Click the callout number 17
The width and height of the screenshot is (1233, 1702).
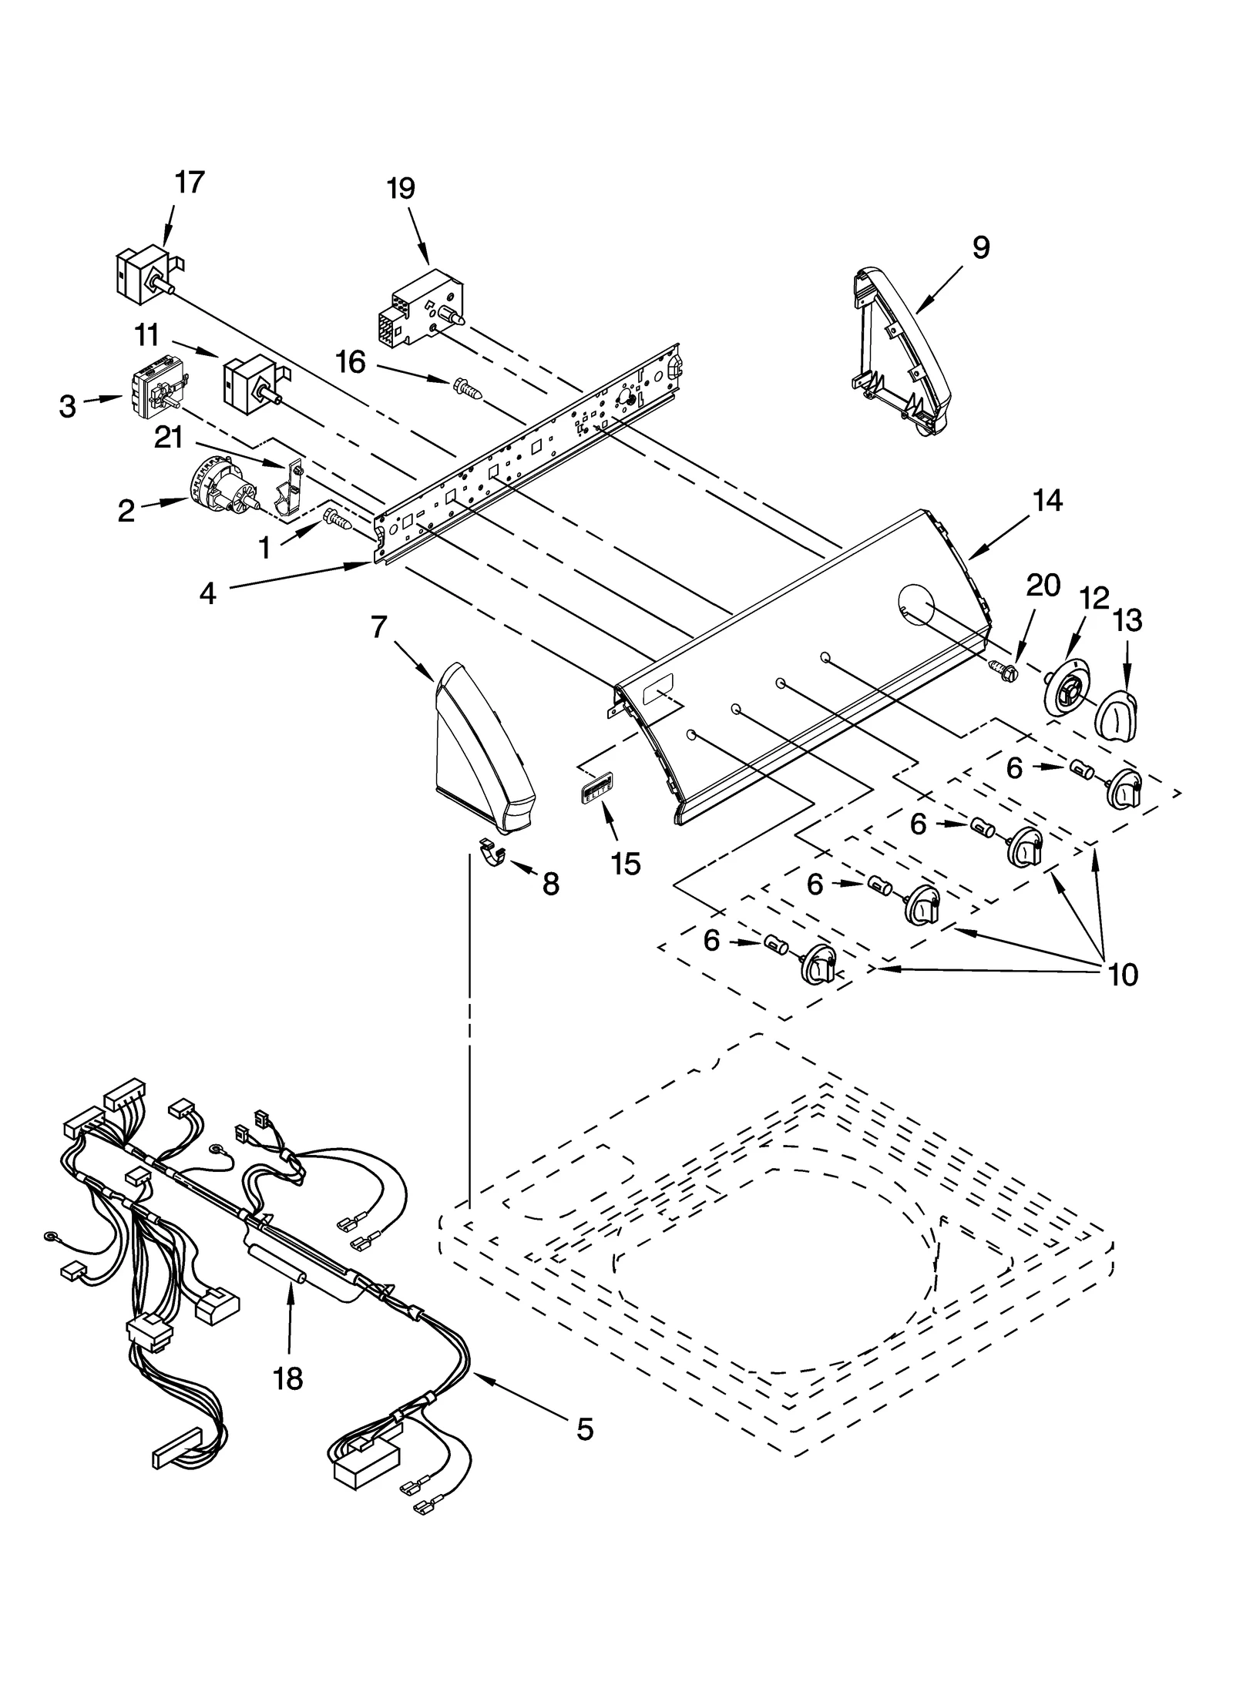pyautogui.click(x=189, y=183)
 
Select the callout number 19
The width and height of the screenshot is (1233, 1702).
pyautogui.click(x=401, y=188)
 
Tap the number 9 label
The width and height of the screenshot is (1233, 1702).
pyautogui.click(x=979, y=247)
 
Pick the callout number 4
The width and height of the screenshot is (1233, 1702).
pyautogui.click(x=207, y=593)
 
